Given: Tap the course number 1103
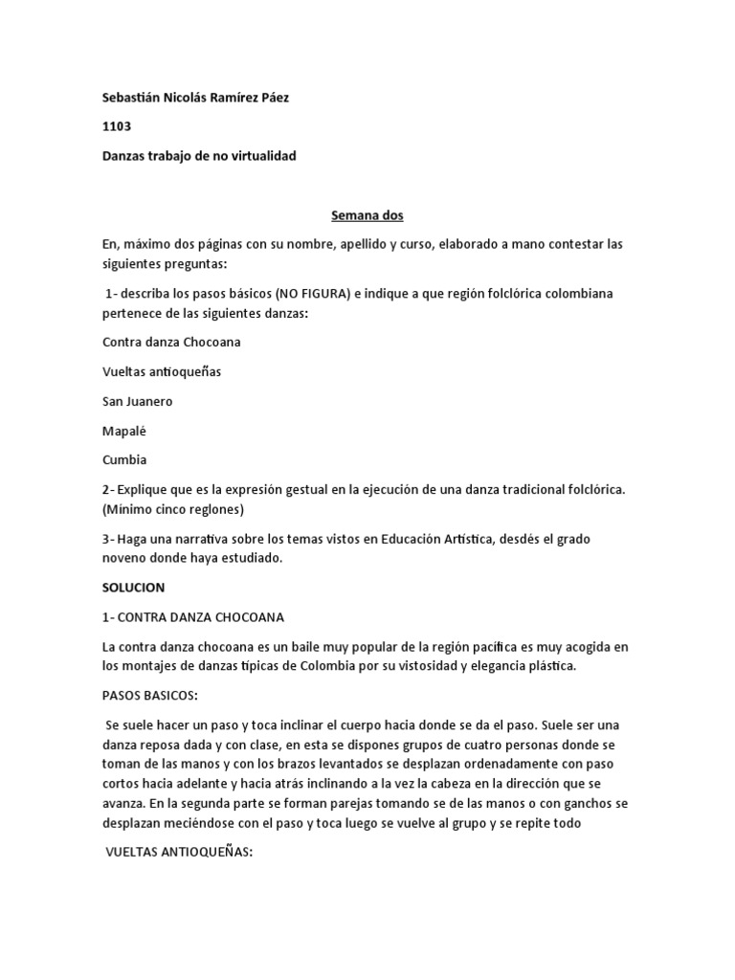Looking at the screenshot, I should pos(117,125).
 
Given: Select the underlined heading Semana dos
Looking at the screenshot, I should pos(367,216).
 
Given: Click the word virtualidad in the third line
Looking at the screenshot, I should pos(259,155).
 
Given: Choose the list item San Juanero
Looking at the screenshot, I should pos(138,401).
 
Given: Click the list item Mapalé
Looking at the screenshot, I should pos(123,431).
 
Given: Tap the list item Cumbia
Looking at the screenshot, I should pos(123,459).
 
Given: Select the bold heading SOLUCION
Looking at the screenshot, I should pos(134,587).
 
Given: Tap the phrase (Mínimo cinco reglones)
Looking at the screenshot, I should pos(173,508).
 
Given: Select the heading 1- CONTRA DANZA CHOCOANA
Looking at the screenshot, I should pos(193,617).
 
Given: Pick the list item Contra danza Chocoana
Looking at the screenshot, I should pos(171,342).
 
